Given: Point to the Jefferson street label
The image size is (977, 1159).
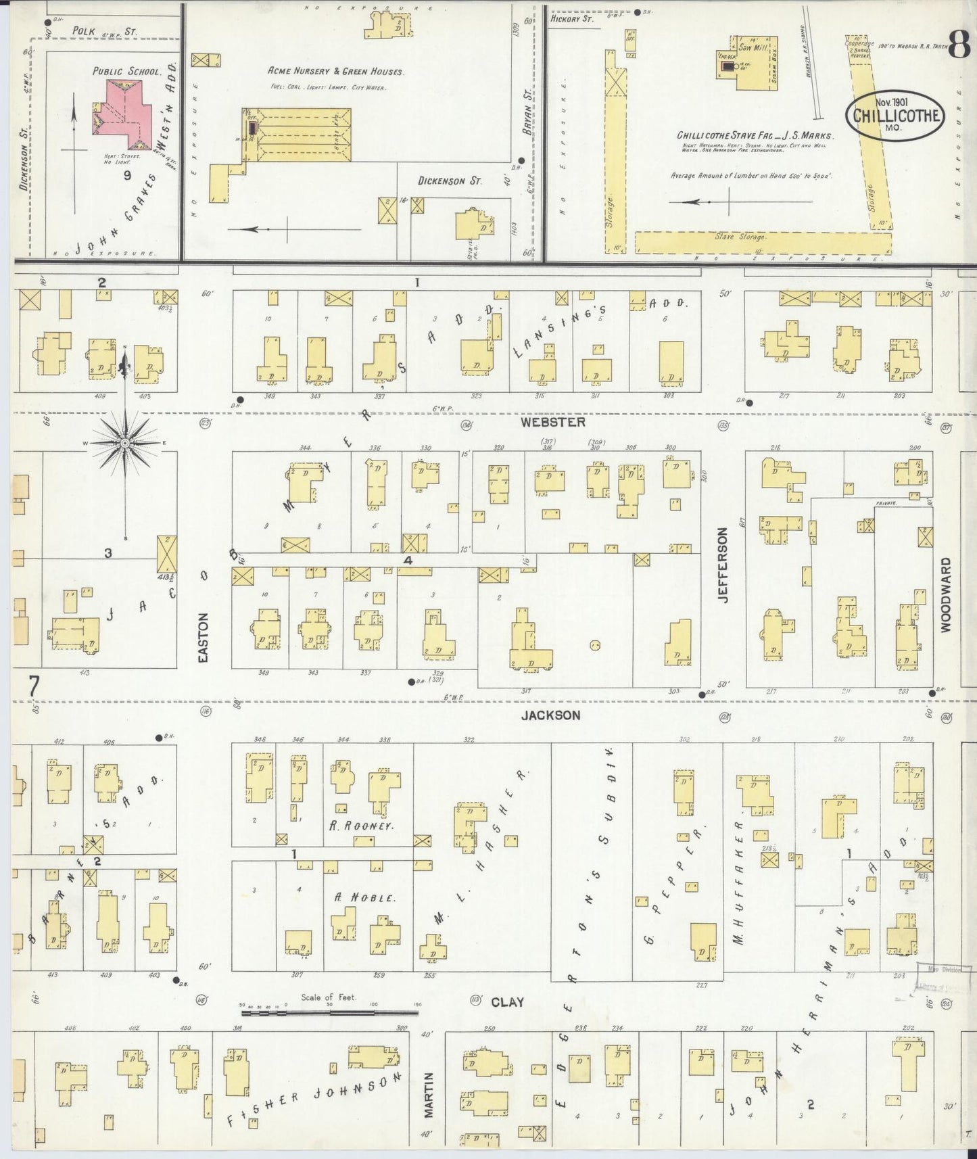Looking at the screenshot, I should coord(723,565).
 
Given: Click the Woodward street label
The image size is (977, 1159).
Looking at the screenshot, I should coord(945,595).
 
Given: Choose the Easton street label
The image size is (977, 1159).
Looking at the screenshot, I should coord(204,637).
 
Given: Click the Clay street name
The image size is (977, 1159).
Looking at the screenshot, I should coord(507,1002).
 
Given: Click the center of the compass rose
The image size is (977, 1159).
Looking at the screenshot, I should coord(125,443).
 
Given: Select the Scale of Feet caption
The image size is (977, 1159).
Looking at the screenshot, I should coord(329,997).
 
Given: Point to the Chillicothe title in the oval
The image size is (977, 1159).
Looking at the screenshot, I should coord(897,116).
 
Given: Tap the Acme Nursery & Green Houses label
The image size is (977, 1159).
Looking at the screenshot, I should coord(335,71).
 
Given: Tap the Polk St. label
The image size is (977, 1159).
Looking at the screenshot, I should coord(104,31).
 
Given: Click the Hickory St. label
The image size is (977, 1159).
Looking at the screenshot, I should coord(571,20).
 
